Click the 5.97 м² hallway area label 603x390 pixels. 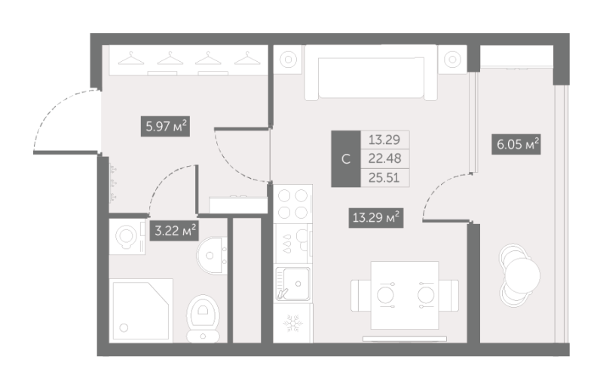pyautogui.click(x=165, y=126)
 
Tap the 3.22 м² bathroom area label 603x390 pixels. pyautogui.click(x=174, y=230)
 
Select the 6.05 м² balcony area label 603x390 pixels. pyautogui.click(x=516, y=144)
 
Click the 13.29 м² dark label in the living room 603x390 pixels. pyautogui.click(x=376, y=217)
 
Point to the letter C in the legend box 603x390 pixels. pyautogui.click(x=346, y=159)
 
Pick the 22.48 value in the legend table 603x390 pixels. pyautogui.click(x=384, y=158)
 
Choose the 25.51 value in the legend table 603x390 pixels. pyautogui.click(x=384, y=177)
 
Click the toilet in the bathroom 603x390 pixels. pyautogui.click(x=203, y=319)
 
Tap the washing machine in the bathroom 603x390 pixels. pyautogui.click(x=127, y=236)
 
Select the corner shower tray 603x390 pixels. pyautogui.click(x=141, y=310)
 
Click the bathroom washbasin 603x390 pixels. pyautogui.click(x=212, y=256)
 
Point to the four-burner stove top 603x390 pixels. pyautogui.click(x=292, y=204)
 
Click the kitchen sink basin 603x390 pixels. pyautogui.click(x=293, y=284)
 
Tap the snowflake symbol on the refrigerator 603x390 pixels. pyautogui.click(x=293, y=324)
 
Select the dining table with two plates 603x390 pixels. pyautogui.click(x=405, y=295)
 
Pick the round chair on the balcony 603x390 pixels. pyautogui.click(x=522, y=275)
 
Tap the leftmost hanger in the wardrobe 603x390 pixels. pyautogui.click(x=131, y=59)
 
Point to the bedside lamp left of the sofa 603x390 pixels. pyautogui.click(x=288, y=60)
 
